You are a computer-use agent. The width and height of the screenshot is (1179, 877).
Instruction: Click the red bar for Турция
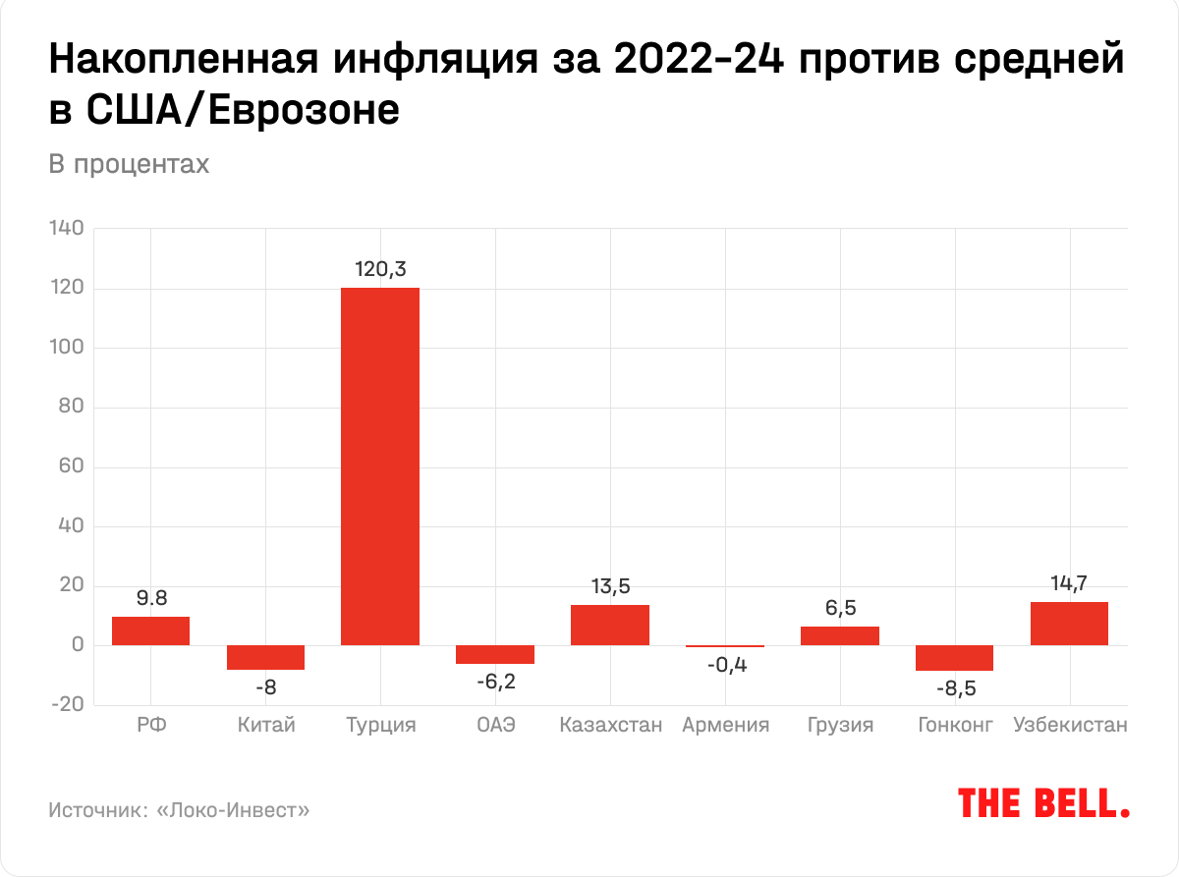pyautogui.click(x=380, y=466)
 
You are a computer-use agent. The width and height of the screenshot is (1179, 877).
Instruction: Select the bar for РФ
pyautogui.click(x=150, y=630)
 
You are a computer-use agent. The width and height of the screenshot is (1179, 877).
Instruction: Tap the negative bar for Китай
pyautogui.click(x=265, y=657)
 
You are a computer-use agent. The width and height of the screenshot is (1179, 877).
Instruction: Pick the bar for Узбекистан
pyautogui.click(x=1069, y=624)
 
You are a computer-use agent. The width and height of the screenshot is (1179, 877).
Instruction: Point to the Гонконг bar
pyautogui.click(x=954, y=658)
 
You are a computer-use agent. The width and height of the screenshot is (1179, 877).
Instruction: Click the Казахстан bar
pyautogui.click(x=610, y=625)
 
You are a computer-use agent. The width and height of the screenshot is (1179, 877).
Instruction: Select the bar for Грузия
pyautogui.click(x=840, y=635)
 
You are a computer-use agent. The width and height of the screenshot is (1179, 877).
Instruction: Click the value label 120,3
pyautogui.click(x=380, y=268)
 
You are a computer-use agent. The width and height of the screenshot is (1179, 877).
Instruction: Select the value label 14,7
pyautogui.click(x=1069, y=583)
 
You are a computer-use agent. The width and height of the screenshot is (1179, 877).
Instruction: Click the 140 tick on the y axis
pyautogui.click(x=68, y=230)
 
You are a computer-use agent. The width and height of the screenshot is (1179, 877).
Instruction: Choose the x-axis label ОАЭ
pyautogui.click(x=495, y=726)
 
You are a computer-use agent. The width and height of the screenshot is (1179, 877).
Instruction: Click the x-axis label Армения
pyautogui.click(x=725, y=726)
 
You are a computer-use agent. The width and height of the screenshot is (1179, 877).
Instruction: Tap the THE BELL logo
pyautogui.click(x=1043, y=802)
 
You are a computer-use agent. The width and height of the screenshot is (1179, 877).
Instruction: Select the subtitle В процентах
pyautogui.click(x=129, y=164)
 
